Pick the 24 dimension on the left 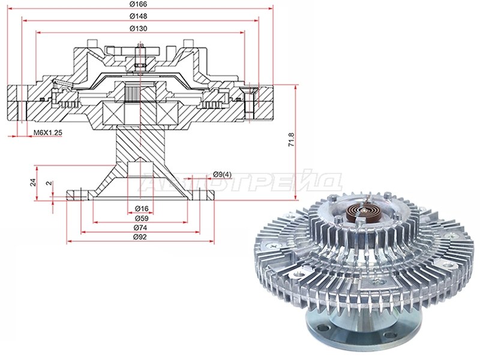point(34,182)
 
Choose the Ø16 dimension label point(141,209)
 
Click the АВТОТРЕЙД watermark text point(240,182)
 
